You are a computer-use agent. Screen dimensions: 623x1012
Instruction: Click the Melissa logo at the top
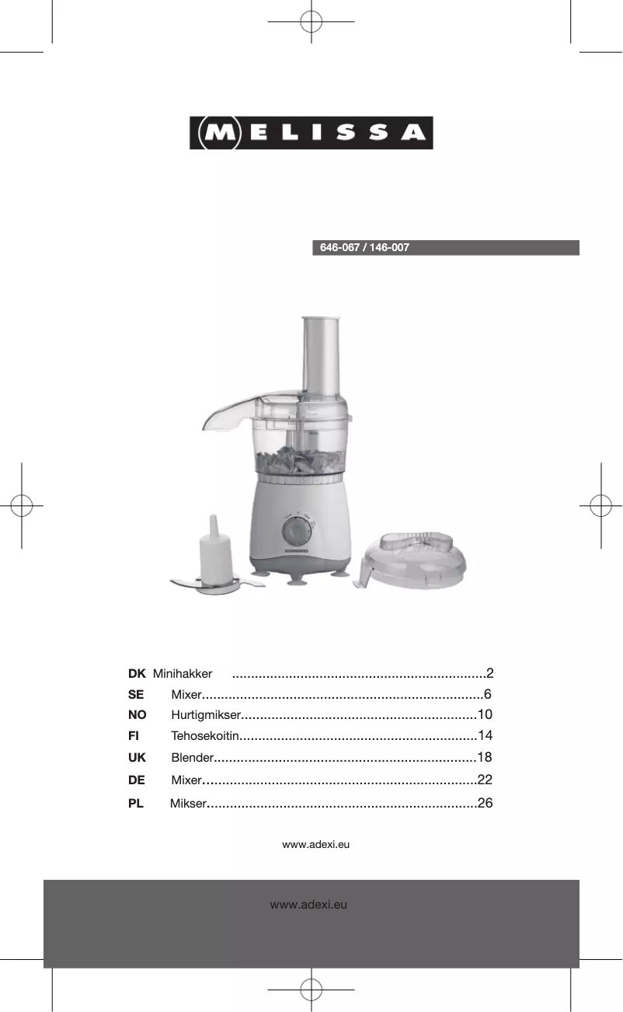click(x=311, y=133)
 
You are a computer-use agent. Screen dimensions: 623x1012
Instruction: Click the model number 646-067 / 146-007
click(x=364, y=248)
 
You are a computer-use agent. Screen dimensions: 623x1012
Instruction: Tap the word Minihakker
click(x=183, y=674)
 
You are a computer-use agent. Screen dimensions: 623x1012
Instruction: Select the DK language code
click(x=137, y=674)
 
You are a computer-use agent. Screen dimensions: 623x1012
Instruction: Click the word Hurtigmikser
click(x=206, y=715)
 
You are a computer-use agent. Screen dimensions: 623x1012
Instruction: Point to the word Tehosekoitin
click(x=205, y=736)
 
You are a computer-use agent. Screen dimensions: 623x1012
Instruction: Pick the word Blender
click(x=193, y=758)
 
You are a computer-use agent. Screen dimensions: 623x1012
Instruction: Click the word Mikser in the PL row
click(x=188, y=803)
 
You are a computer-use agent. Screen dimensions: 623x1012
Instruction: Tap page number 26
click(x=485, y=803)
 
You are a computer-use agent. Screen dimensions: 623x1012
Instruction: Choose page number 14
click(x=485, y=735)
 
